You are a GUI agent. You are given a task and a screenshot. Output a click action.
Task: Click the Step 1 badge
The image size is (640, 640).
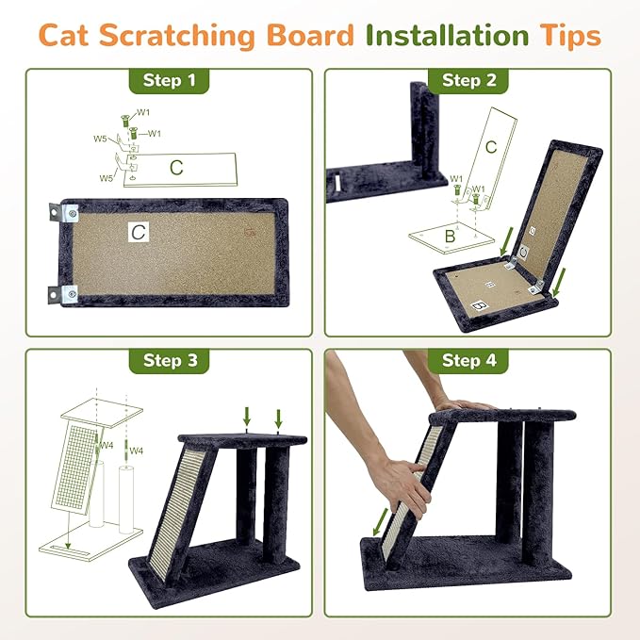click(x=169, y=80)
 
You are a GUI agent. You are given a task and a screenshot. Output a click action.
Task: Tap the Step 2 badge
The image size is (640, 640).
click(x=468, y=80)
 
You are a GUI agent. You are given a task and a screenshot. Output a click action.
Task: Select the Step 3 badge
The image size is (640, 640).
click(x=169, y=360)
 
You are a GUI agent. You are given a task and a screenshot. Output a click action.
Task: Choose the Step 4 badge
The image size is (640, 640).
click(x=468, y=360)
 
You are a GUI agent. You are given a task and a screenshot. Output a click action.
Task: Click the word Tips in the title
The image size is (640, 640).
click(x=566, y=36)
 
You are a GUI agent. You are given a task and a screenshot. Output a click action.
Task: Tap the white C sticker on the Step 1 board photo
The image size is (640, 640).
click(x=138, y=229)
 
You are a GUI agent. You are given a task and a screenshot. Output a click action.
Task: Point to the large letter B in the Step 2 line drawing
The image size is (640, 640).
click(x=450, y=238)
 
